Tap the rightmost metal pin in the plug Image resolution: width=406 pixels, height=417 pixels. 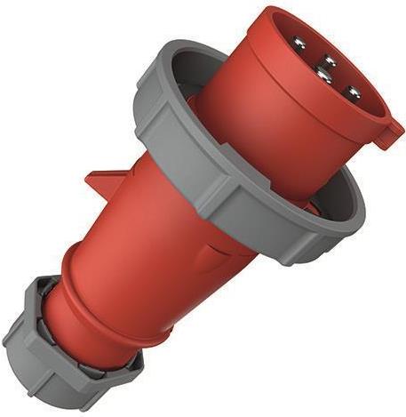(353, 92)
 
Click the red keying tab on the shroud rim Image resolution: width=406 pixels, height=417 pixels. (387, 135)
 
